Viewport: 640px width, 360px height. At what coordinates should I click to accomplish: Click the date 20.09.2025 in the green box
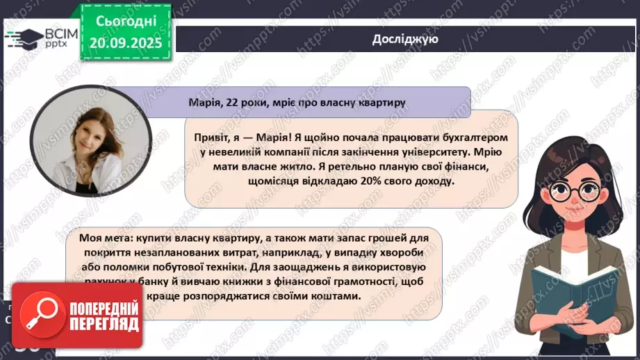pos(126,43)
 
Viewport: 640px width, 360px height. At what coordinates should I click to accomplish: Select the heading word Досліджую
pos(404,40)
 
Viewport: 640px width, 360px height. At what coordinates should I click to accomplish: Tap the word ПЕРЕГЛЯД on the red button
pos(104,323)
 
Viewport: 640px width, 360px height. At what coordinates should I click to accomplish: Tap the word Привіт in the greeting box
pos(211,138)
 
